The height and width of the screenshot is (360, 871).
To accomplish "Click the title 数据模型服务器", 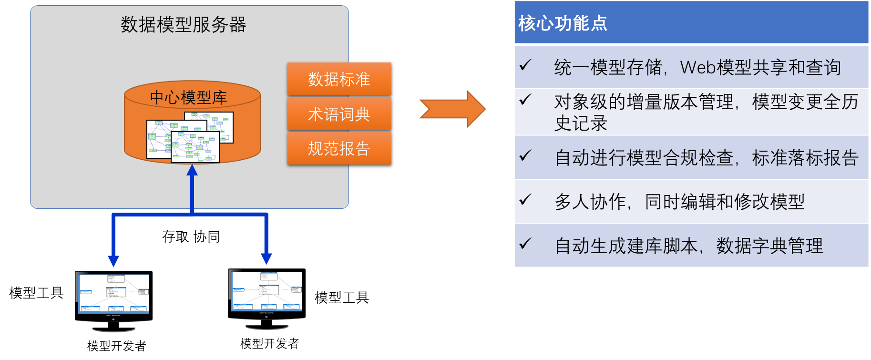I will tap(183, 25).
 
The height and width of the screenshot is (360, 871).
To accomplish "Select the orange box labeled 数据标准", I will tap(339, 79).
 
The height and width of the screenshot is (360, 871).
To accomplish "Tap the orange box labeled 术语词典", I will tap(339, 114).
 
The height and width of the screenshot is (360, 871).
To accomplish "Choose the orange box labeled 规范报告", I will tap(339, 149).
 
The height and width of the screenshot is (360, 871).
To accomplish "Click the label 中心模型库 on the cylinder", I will tap(188, 97).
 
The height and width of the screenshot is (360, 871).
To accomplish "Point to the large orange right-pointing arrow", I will tap(453, 109).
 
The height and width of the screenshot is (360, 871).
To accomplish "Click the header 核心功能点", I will tap(563, 23).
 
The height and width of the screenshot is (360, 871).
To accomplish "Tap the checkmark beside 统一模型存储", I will tap(525, 65).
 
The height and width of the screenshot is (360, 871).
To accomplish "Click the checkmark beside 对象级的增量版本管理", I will tap(525, 99).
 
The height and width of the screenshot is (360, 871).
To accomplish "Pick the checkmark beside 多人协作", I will tap(525, 199).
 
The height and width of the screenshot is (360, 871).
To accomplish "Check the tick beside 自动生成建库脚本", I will tap(525, 243).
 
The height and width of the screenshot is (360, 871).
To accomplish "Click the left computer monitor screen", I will tap(114, 293).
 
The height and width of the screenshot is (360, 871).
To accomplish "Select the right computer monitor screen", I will tap(267, 291).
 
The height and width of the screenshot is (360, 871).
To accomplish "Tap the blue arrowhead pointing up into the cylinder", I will tap(192, 171).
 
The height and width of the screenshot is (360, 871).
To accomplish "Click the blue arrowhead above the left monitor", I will tap(113, 260).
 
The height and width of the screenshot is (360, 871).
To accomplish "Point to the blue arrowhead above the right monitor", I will tap(266, 258).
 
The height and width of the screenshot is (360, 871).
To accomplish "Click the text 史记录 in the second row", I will tap(581, 123).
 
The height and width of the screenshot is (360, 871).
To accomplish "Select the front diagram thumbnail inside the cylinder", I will tap(195, 147).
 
